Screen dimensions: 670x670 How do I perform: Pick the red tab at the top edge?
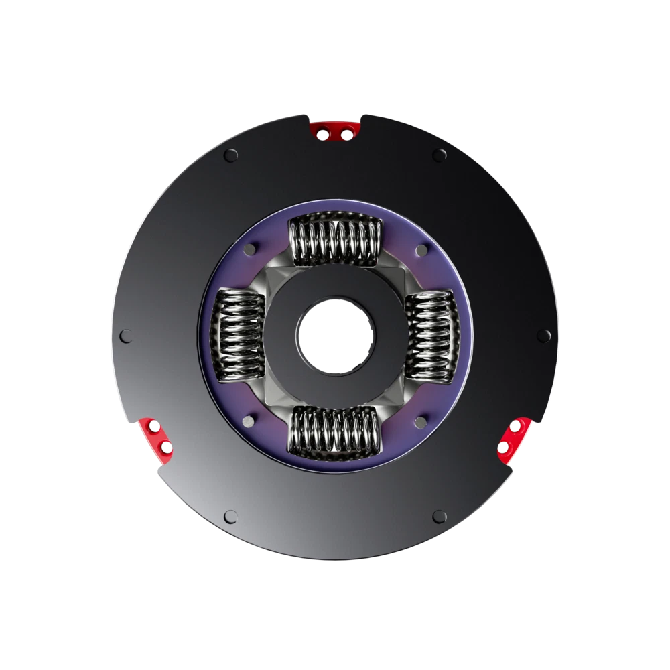[x=334, y=131]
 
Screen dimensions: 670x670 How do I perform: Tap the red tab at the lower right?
[x=515, y=440]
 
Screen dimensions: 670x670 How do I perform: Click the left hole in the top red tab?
[x=322, y=134]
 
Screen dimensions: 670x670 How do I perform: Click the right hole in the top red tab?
[x=346, y=134]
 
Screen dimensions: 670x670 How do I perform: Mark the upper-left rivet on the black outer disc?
[x=231, y=155]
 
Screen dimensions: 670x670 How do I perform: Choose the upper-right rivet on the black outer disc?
[x=439, y=155]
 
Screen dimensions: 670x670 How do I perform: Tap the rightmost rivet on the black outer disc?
[x=543, y=335]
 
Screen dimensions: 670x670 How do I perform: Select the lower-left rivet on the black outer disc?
[x=231, y=516]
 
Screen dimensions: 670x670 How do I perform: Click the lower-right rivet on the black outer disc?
[x=439, y=516]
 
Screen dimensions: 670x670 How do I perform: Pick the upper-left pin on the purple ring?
[x=249, y=249]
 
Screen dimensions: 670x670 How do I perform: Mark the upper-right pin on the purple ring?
[x=421, y=249]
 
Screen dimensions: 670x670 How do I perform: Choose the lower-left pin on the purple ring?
[x=249, y=421]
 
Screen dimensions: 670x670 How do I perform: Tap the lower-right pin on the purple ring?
[x=421, y=421]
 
